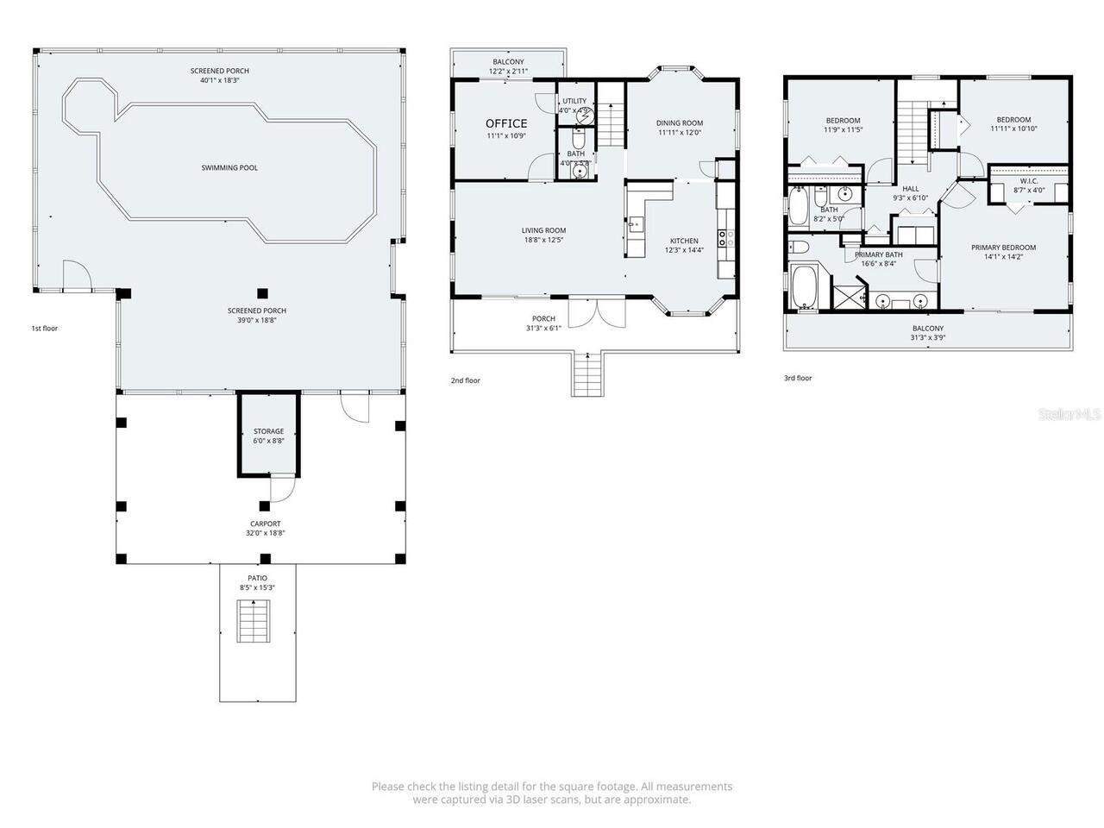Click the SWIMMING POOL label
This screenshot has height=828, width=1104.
(229, 167)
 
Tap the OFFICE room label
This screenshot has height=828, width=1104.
(505, 123)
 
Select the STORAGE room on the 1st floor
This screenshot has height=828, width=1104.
(268, 435)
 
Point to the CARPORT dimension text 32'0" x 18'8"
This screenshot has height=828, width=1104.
(265, 533)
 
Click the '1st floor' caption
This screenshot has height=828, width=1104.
(45, 328)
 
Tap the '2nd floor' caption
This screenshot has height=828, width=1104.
(465, 380)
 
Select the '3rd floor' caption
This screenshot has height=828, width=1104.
(798, 378)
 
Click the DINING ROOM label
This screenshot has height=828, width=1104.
(680, 123)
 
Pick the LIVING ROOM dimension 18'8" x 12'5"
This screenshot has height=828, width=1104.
(543, 241)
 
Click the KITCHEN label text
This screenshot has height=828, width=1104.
(684, 241)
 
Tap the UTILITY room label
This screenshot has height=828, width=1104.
(574, 101)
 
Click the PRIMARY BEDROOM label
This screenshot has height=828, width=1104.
(1003, 248)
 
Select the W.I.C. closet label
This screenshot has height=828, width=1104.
(1028, 180)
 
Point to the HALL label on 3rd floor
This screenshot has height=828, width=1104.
(910, 188)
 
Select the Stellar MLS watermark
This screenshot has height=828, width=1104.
(1069, 415)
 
